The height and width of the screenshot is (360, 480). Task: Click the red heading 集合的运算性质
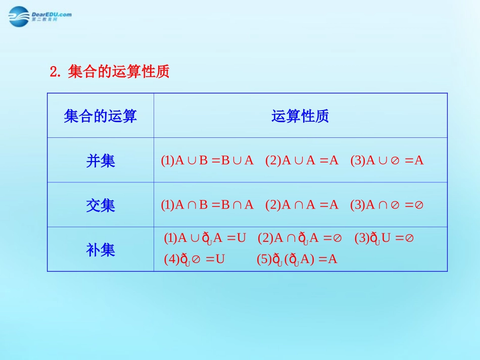point(118,72)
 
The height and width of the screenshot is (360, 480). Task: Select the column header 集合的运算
point(101,117)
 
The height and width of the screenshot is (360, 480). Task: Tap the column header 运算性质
point(300,117)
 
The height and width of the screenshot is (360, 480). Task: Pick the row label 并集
point(101,161)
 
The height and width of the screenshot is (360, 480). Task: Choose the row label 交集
point(101,205)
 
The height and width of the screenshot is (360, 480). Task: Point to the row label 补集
point(101,250)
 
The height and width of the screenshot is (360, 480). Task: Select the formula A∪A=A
point(302,161)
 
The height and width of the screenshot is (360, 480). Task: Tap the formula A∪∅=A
point(387,161)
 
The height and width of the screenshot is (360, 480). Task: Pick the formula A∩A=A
point(302,205)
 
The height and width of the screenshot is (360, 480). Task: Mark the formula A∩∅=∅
point(387,205)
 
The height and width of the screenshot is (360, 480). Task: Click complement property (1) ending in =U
point(205,238)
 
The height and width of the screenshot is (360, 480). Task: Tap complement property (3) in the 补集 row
point(384,238)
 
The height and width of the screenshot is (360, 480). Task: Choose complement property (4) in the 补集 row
point(195,260)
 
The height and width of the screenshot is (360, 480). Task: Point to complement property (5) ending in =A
point(297,260)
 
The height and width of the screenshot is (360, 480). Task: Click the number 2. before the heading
point(55,72)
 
